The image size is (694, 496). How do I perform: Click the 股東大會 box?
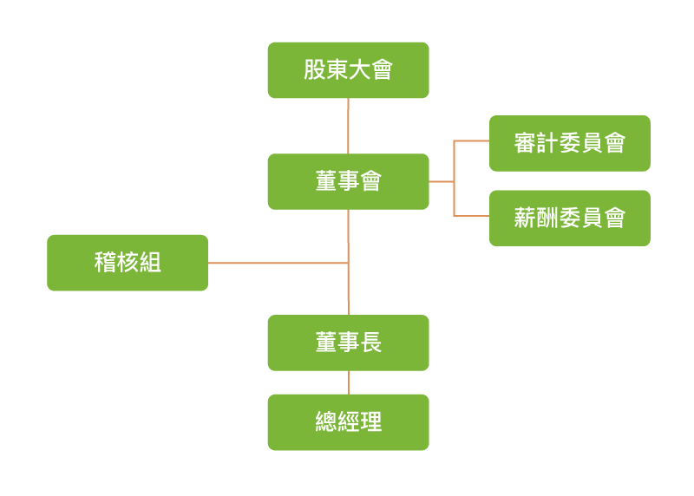(348, 70)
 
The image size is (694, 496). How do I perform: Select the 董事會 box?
(348, 181)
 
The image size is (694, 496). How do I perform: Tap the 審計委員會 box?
(569, 143)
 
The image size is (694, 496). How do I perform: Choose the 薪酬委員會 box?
(569, 218)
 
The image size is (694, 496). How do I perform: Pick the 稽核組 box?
(128, 262)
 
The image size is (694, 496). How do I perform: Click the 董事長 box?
(348, 343)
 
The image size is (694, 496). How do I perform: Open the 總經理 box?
(348, 422)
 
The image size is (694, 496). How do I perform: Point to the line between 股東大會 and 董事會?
(348, 126)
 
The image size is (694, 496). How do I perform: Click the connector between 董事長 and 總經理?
(348, 382)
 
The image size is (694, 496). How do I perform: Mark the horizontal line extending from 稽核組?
(278, 263)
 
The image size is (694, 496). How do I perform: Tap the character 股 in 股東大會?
(315, 70)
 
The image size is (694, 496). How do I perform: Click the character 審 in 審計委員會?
(525, 143)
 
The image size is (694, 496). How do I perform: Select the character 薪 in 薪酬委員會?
(525, 218)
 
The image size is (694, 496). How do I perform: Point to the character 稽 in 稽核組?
(105, 262)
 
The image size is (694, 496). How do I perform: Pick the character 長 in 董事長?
(370, 343)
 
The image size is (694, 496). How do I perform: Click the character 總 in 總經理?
(326, 422)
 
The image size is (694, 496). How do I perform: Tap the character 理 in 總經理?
(370, 422)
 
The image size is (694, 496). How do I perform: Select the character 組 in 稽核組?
(150, 262)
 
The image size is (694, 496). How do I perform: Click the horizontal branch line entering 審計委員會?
(471, 140)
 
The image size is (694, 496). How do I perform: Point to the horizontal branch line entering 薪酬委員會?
(471, 215)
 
